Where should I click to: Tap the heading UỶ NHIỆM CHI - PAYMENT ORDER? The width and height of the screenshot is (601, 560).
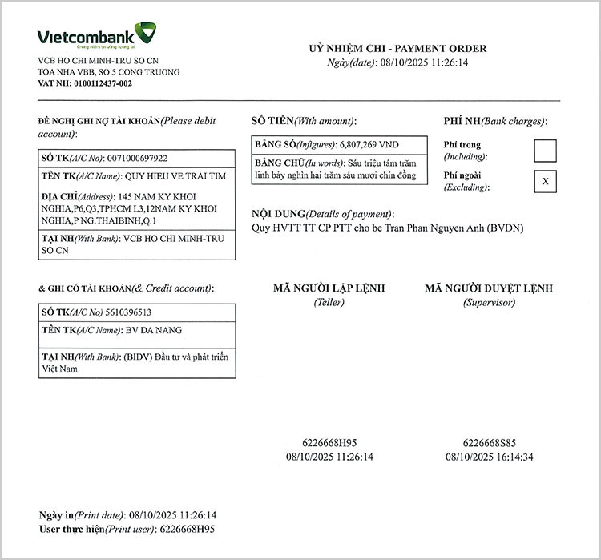[397, 49]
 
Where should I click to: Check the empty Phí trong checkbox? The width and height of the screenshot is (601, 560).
[545, 151]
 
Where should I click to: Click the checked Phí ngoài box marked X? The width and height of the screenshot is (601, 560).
[545, 181]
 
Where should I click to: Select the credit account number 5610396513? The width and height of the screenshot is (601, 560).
[128, 312]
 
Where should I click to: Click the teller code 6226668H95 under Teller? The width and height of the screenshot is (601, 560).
[329, 442]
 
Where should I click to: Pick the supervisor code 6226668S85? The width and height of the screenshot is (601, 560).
[489, 442]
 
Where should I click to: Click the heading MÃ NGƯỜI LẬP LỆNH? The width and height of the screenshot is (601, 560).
[329, 288]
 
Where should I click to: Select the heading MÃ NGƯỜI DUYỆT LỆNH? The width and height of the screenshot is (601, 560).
[489, 288]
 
